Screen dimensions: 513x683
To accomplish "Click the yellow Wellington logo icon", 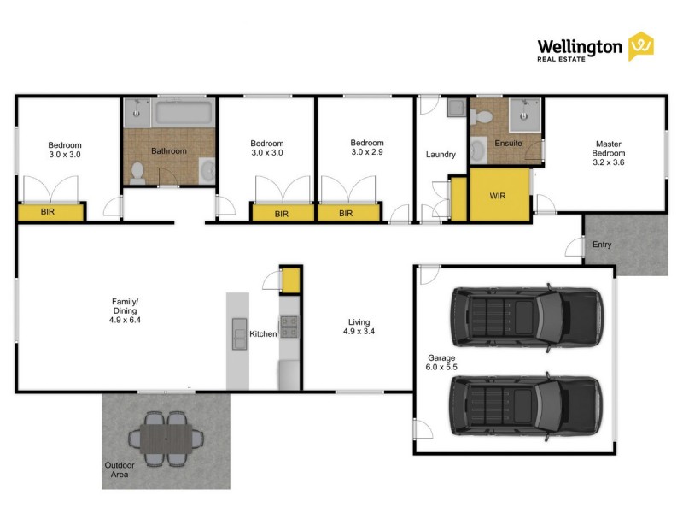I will [641, 46].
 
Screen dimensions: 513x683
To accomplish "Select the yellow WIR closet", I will [498, 196].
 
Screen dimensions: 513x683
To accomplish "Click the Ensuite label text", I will [508, 143].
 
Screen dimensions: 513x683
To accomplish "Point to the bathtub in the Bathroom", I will [184, 112].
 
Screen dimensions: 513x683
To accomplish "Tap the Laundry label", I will [441, 155].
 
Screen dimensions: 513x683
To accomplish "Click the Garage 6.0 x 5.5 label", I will [441, 363].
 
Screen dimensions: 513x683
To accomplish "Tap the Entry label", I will [602, 245].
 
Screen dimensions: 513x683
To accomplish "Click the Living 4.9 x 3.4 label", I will [359, 326].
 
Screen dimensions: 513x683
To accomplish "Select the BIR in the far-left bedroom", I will [50, 211].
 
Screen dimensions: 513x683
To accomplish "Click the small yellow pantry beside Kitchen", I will [290, 280].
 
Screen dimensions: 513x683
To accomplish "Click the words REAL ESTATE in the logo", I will [563, 59].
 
